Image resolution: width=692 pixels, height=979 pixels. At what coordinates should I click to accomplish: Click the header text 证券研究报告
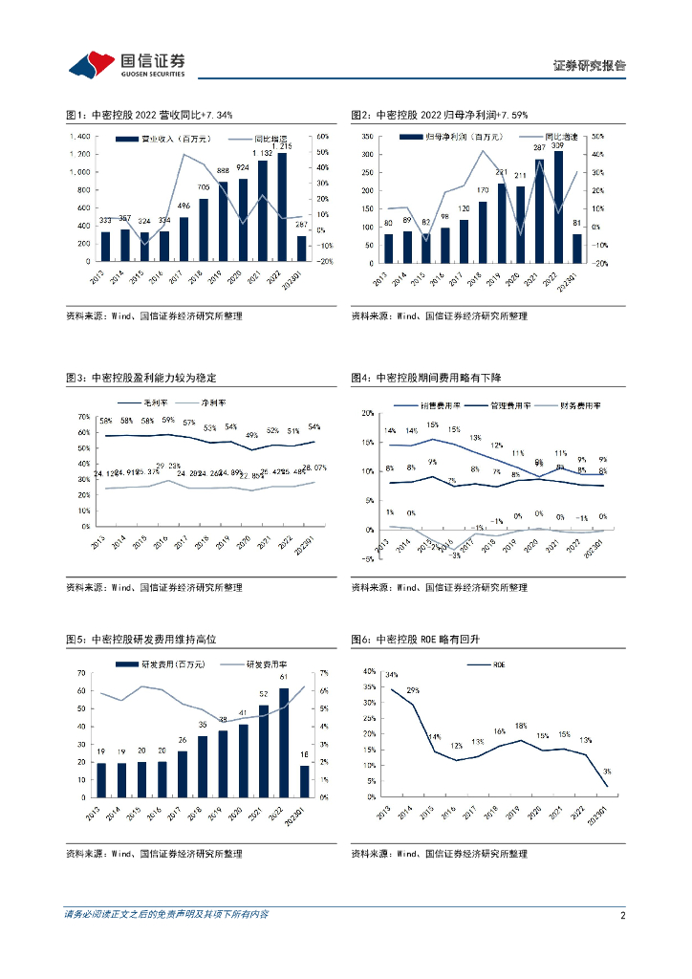tap(589, 66)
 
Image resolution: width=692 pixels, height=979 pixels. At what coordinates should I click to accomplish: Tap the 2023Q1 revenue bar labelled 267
tap(302, 249)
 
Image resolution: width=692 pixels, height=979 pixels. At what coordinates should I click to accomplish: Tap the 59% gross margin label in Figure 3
tap(167, 421)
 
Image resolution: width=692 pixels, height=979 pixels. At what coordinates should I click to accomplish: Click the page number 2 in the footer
tap(622, 915)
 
